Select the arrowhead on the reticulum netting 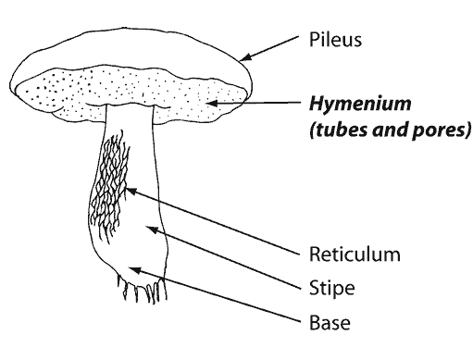[128, 192]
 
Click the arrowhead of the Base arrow [132, 269]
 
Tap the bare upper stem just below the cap [130, 120]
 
